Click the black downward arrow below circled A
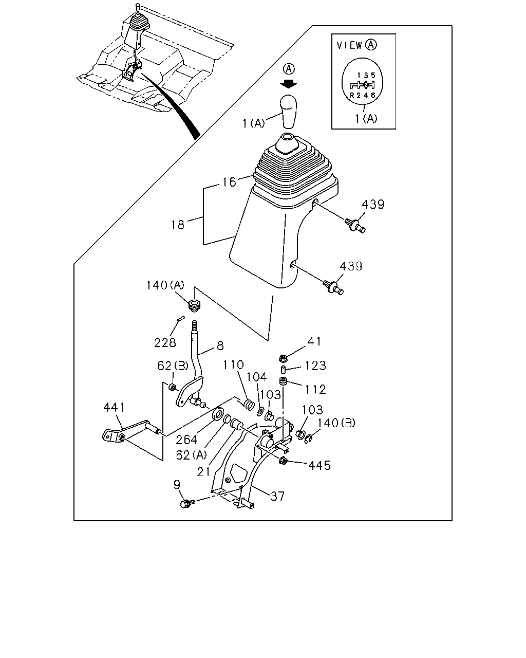click(289, 84)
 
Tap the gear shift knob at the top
click(289, 112)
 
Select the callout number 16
click(229, 182)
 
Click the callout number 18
click(178, 225)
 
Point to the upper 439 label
click(372, 204)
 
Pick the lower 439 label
click(351, 266)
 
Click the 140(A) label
click(165, 285)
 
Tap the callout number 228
click(165, 342)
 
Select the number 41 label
click(314, 341)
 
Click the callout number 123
click(315, 365)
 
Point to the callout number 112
click(315, 389)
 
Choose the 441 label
click(114, 407)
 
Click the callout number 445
click(320, 465)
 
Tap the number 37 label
click(277, 496)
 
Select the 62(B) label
click(173, 365)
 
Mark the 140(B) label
click(336, 423)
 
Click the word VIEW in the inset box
click(349, 45)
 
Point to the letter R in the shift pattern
click(352, 96)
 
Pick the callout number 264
click(186, 440)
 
